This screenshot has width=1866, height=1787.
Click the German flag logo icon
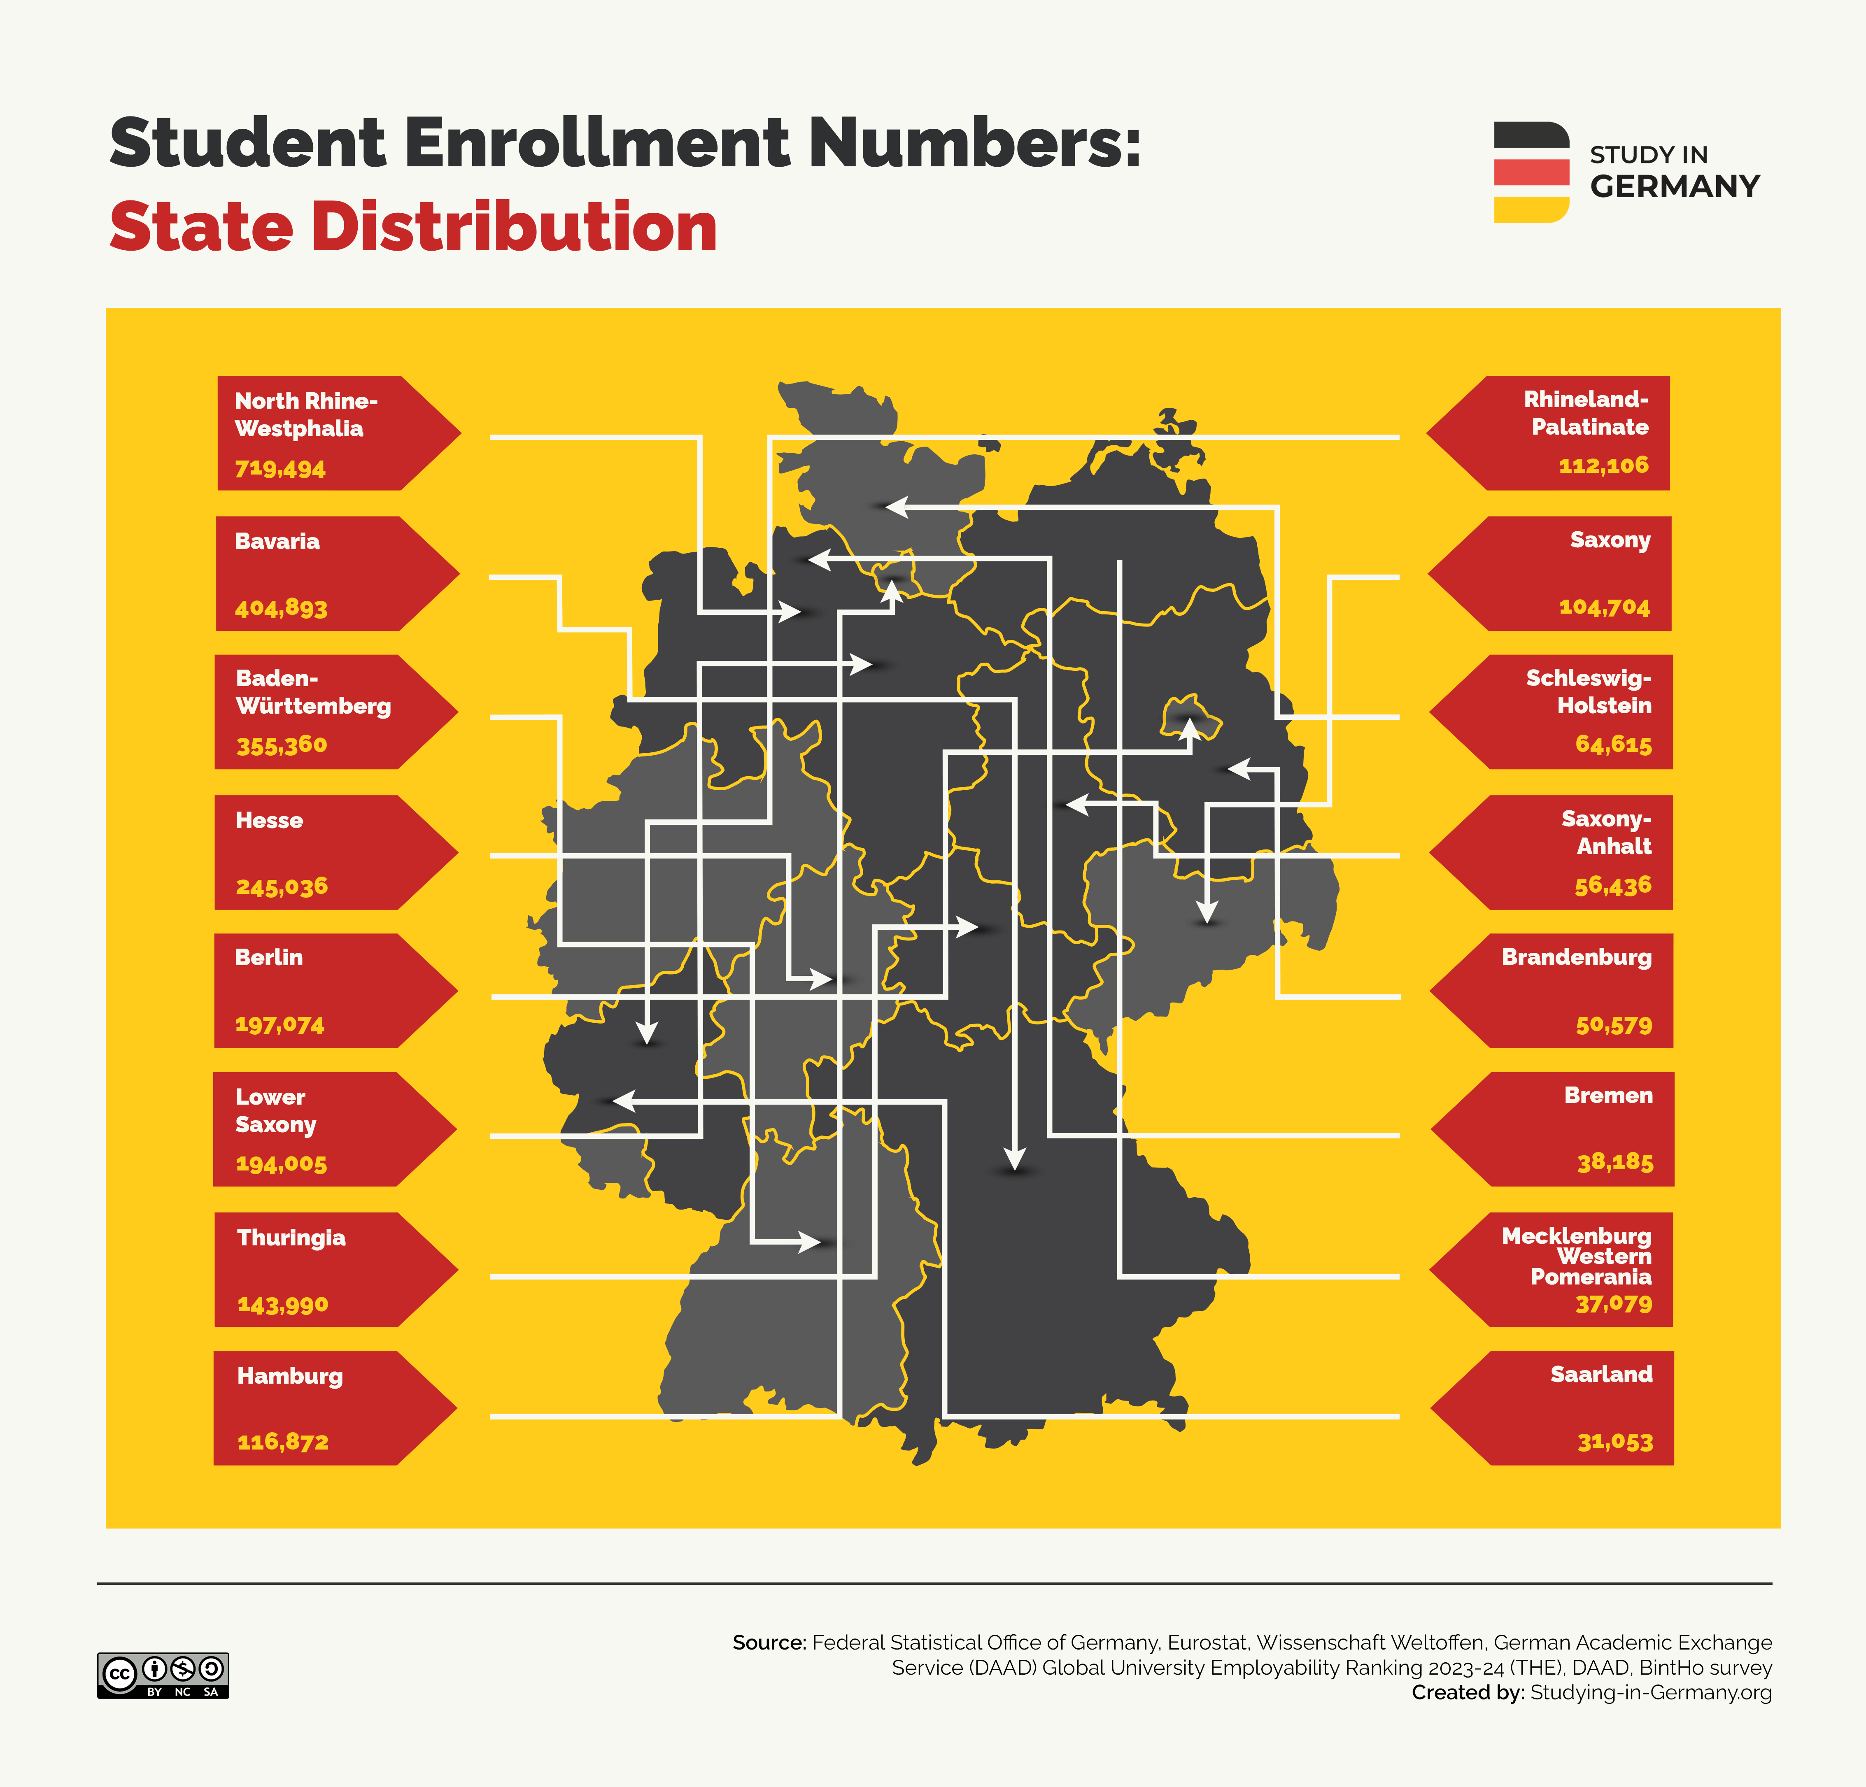pos(1531,172)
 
